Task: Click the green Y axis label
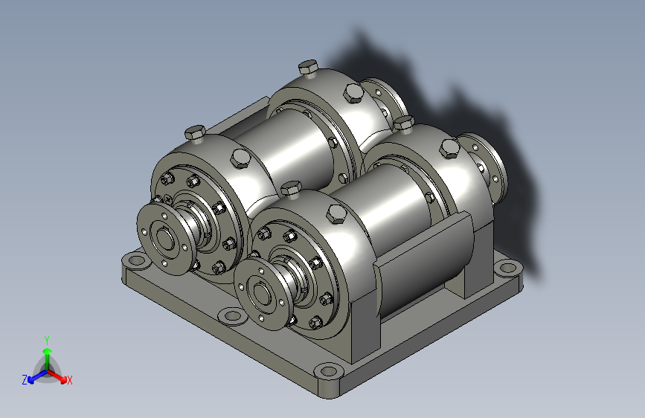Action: pyautogui.click(x=47, y=341)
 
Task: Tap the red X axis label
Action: pyautogui.click(x=69, y=380)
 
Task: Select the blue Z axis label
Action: pyautogui.click(x=25, y=380)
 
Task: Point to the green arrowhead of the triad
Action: pyautogui.click(x=48, y=352)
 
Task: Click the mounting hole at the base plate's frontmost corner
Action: pyautogui.click(x=329, y=371)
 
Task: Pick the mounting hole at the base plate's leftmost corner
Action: pyautogui.click(x=135, y=260)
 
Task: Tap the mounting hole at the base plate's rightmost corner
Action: pyautogui.click(x=507, y=269)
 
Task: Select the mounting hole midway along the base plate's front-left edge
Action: pyautogui.click(x=232, y=316)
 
